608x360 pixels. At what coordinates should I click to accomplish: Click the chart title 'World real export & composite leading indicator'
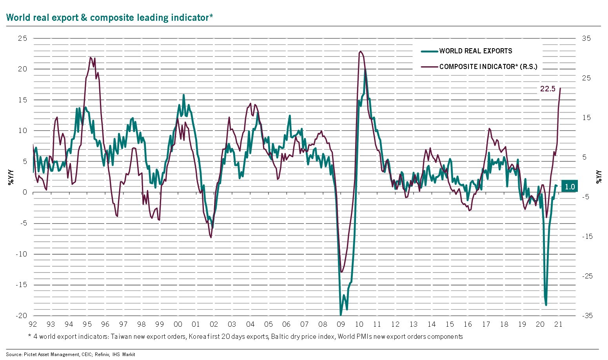109,18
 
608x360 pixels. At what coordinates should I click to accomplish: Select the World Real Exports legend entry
476,51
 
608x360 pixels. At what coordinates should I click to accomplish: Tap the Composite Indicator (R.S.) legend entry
488,67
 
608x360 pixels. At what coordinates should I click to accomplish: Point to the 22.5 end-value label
548,89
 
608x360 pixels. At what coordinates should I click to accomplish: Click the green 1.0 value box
569,187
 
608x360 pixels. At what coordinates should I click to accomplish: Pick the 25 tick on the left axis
22,38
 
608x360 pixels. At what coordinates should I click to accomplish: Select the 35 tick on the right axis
586,38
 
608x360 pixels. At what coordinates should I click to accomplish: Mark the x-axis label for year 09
341,324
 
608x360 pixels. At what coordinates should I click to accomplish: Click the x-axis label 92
33,324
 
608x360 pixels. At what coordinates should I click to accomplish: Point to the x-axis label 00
178,324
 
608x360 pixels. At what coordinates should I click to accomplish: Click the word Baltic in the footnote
280,336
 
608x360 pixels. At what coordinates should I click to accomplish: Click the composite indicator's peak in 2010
360,51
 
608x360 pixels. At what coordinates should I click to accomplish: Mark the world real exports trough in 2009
341,315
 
